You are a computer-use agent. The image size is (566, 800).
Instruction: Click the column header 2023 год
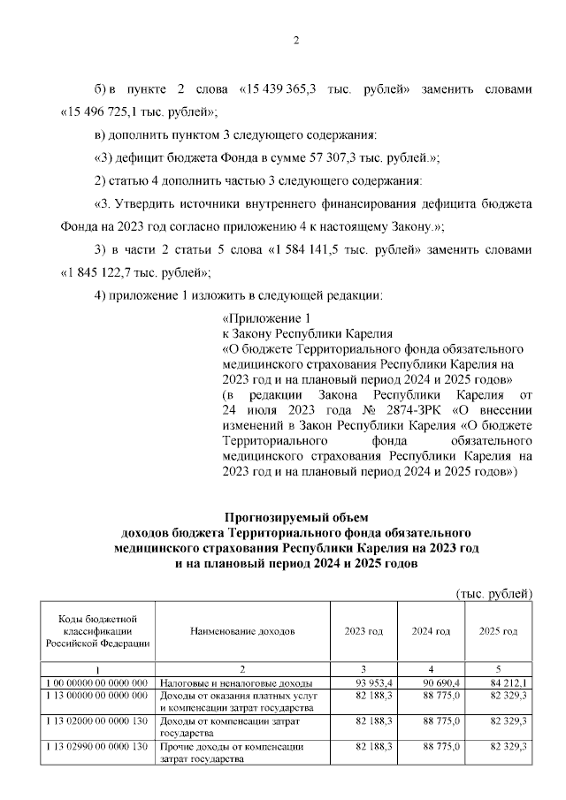pos(363,631)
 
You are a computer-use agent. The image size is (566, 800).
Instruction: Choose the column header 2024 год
pos(431,631)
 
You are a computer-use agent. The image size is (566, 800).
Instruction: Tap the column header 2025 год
pos(498,631)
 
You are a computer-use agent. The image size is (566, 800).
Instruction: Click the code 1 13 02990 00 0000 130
pos(96,747)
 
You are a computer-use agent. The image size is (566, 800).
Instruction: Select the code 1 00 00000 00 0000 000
pos(96,683)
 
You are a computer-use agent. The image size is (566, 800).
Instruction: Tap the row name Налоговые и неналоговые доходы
pos(234,683)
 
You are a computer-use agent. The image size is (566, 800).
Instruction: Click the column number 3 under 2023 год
pos(363,669)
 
